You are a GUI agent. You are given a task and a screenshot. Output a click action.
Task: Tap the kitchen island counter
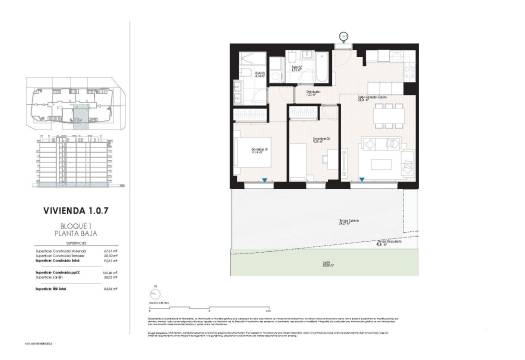pos(385,82)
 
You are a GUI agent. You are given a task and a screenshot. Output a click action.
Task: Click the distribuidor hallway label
pos(313,93)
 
